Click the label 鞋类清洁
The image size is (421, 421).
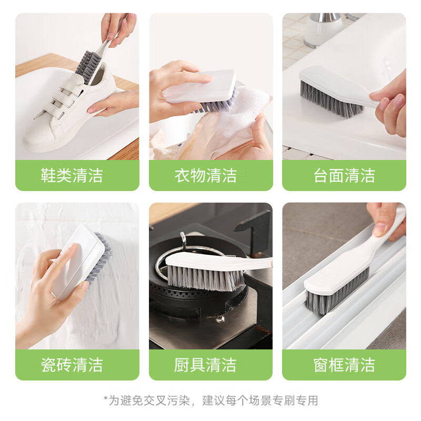coord(72,175)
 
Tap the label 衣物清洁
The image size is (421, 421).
coord(206,175)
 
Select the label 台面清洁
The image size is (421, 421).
coord(344,175)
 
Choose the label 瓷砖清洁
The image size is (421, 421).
coord(72,365)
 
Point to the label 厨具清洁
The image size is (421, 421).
coord(206,365)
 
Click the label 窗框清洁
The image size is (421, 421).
coord(344,365)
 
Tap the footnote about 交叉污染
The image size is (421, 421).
coord(210,400)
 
